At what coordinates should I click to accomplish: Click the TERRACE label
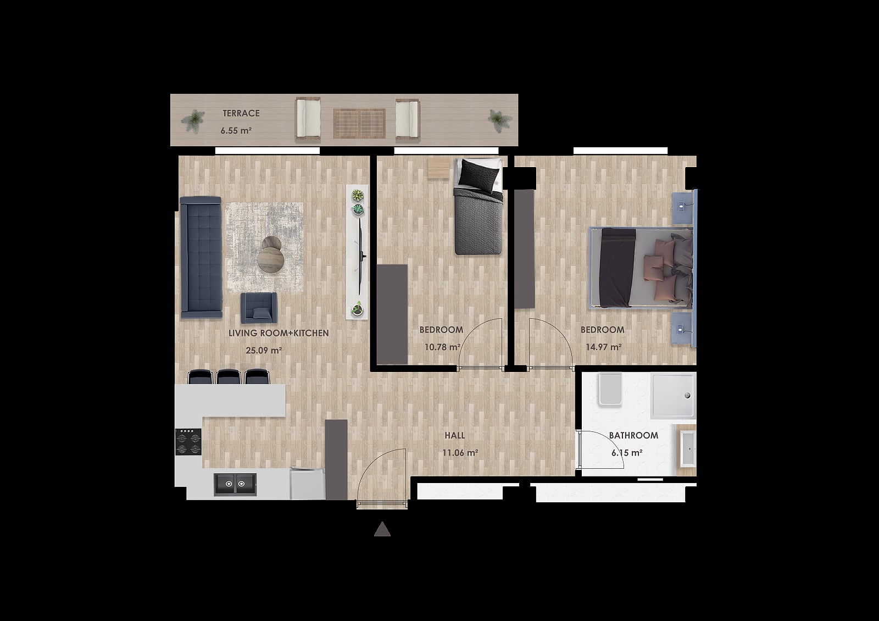click(241, 113)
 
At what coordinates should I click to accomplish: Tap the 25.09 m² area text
click(264, 350)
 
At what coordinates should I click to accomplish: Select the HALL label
click(455, 435)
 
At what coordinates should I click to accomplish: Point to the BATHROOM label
click(633, 435)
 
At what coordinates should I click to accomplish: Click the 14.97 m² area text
click(604, 347)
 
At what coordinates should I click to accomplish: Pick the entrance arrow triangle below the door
click(382, 529)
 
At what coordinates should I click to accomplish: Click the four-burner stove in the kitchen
click(188, 442)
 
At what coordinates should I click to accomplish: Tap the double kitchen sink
click(235, 484)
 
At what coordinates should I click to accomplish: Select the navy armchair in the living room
click(259, 308)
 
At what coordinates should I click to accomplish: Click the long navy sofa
click(201, 257)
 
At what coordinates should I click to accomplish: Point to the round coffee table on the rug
click(271, 259)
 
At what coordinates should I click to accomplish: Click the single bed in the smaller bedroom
click(478, 206)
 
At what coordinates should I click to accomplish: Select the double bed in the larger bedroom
click(641, 267)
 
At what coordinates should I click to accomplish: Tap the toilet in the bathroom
click(610, 389)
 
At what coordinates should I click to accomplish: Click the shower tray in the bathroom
click(674, 396)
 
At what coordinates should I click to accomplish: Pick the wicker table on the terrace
click(359, 123)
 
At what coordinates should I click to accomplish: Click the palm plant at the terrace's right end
click(499, 120)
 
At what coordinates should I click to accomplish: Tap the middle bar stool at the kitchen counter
click(229, 376)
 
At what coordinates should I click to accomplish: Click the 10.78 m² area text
click(442, 347)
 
